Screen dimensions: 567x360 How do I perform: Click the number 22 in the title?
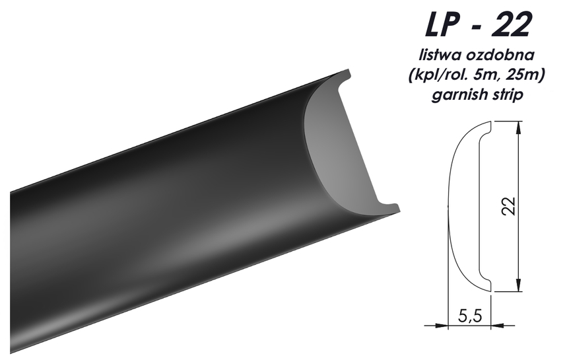pos(511,24)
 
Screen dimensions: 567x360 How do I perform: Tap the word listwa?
pos(440,55)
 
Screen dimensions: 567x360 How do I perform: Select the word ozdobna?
pos(500,55)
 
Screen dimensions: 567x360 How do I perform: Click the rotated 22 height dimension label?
pos(508,207)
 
